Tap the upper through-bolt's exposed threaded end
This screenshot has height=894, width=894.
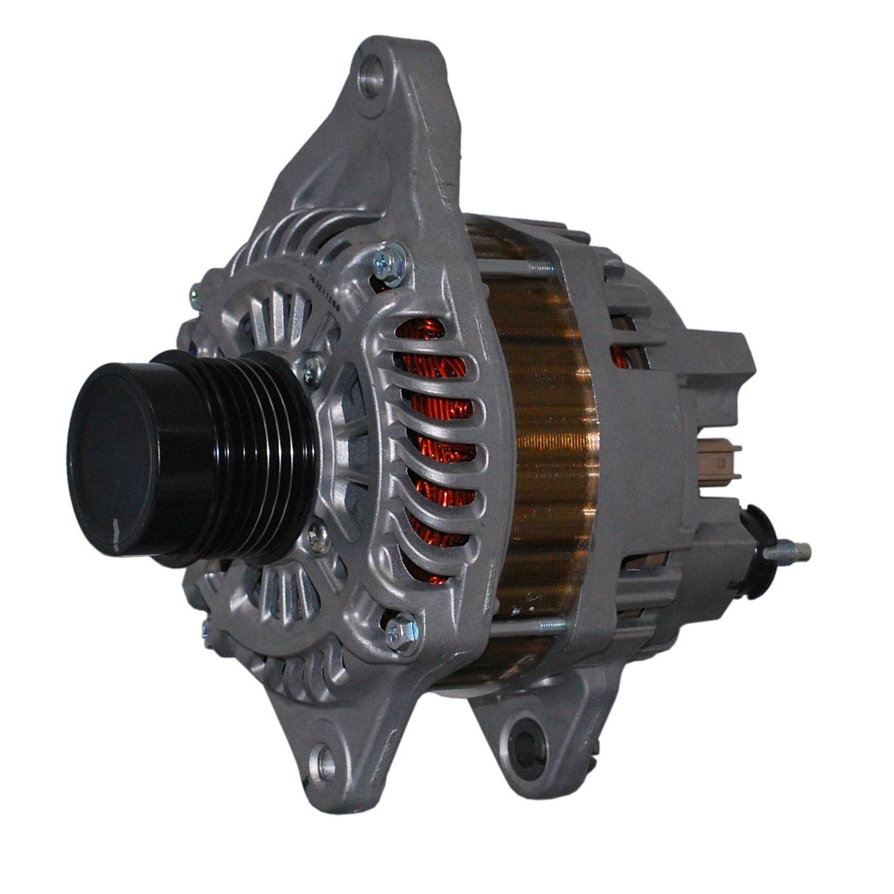pyautogui.click(x=539, y=267)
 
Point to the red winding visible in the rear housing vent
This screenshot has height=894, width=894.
pyautogui.click(x=619, y=356)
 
